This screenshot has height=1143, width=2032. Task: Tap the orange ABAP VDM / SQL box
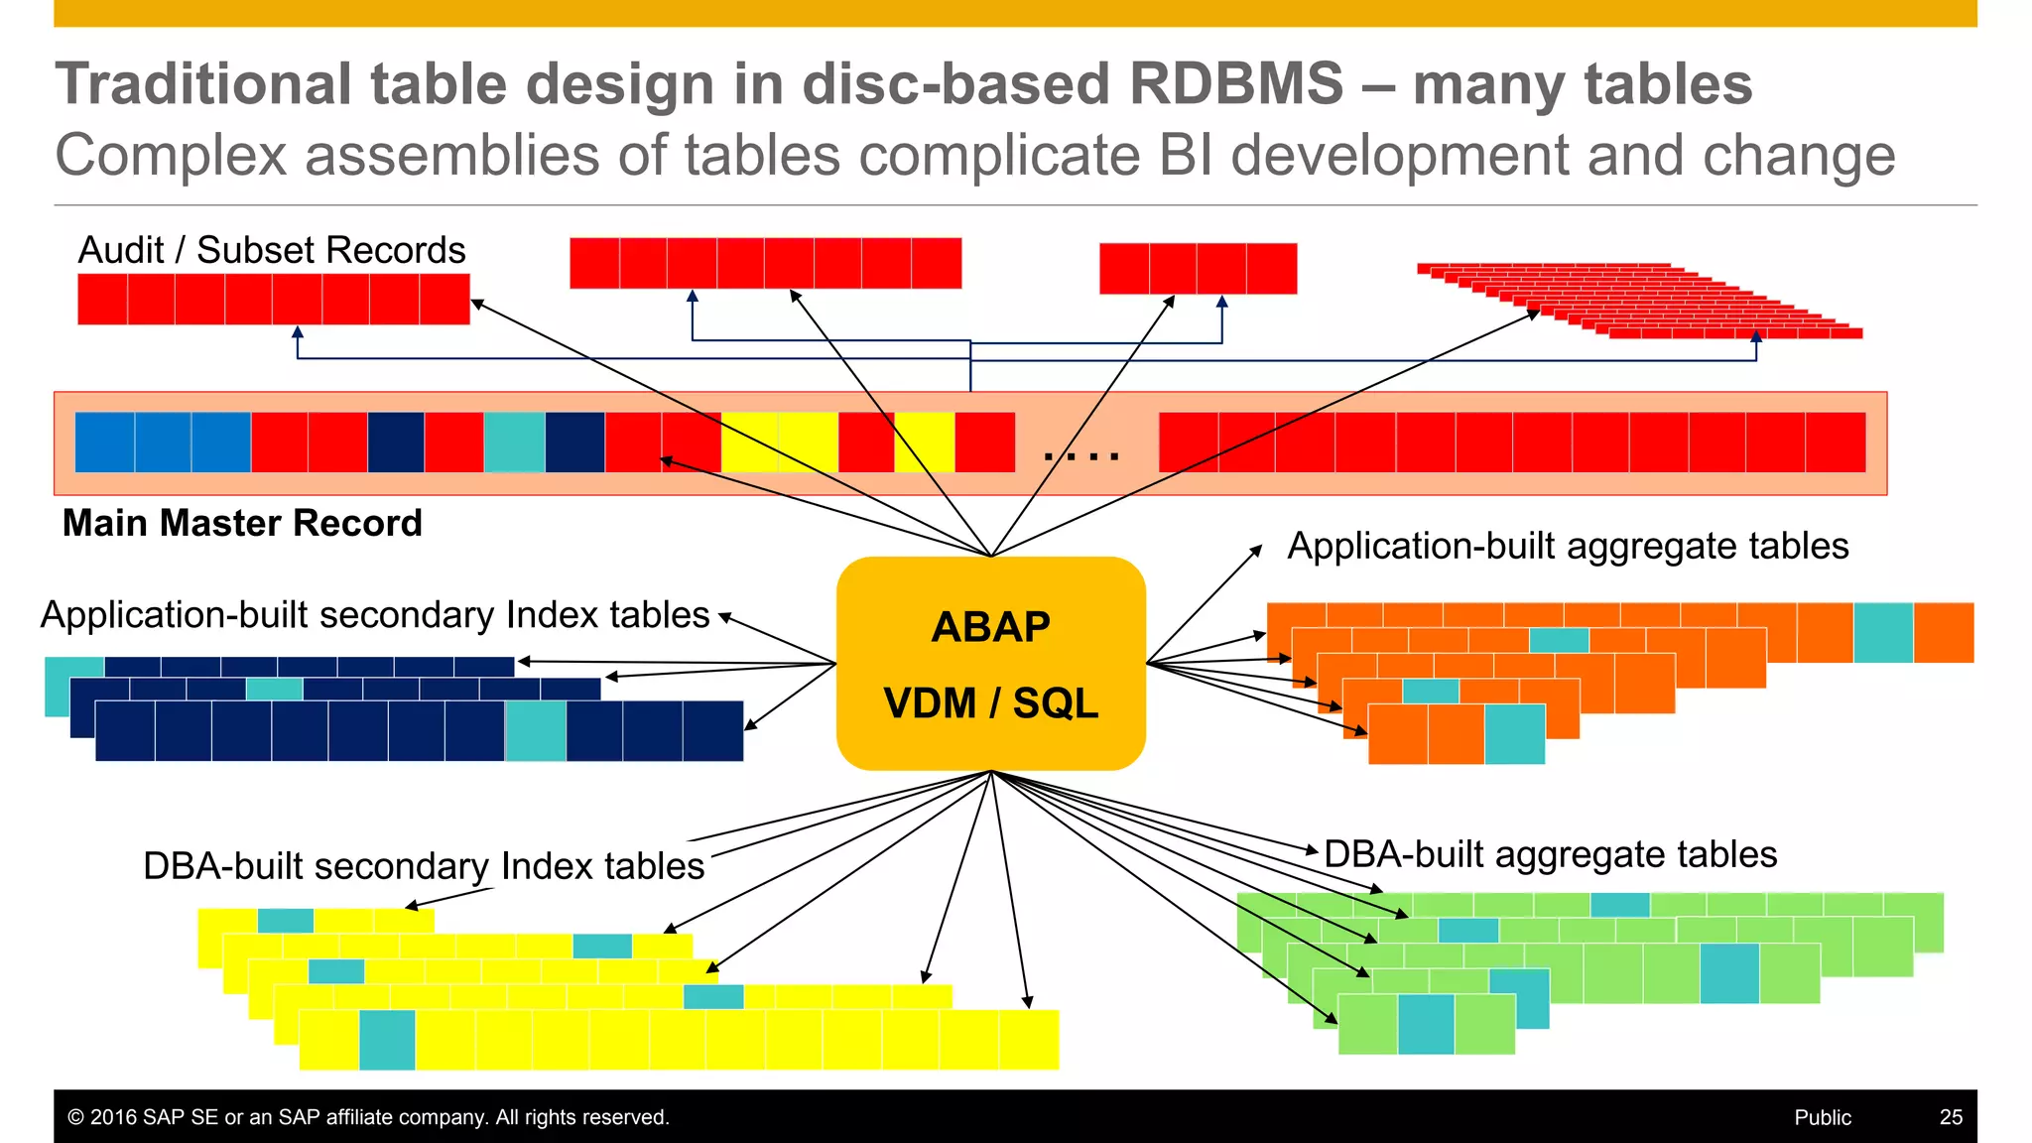[x=990, y=663]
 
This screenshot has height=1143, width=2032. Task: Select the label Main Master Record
[x=242, y=523]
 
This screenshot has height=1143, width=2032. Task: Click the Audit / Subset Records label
[x=272, y=250]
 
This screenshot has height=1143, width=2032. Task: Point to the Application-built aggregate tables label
[x=1568, y=546]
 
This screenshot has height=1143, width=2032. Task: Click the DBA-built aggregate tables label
[x=1550, y=854]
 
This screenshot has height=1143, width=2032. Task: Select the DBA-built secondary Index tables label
[x=424, y=866]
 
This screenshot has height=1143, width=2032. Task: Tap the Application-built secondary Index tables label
[x=375, y=615]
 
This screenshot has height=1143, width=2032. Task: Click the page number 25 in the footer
[x=1951, y=1117]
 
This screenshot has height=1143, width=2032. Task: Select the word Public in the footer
[x=1823, y=1117]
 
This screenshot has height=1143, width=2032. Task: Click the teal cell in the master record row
[x=514, y=442]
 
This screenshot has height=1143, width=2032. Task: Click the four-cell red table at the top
[x=1198, y=269]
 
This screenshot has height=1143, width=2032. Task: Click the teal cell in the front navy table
[x=536, y=731]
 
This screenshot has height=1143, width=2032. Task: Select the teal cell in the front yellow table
[x=387, y=1040]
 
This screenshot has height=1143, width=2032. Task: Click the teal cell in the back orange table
[x=1882, y=632]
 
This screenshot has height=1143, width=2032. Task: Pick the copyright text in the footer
[x=368, y=1117]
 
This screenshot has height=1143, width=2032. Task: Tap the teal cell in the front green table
[x=1426, y=1024]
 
